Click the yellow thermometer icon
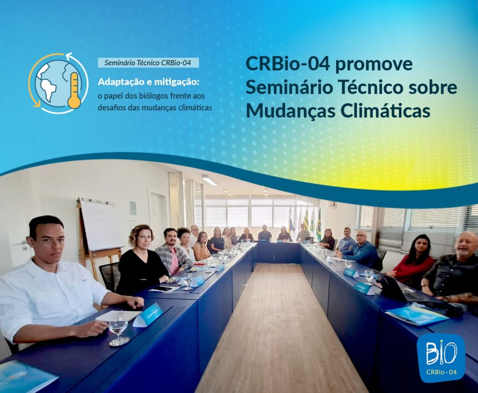click(x=74, y=90)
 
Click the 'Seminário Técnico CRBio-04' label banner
click(x=148, y=63)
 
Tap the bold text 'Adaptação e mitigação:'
click(x=148, y=82)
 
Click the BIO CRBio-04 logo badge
click(x=441, y=357)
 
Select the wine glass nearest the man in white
click(x=118, y=329)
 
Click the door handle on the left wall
click(x=22, y=243)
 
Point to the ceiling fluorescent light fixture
click(x=210, y=180)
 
